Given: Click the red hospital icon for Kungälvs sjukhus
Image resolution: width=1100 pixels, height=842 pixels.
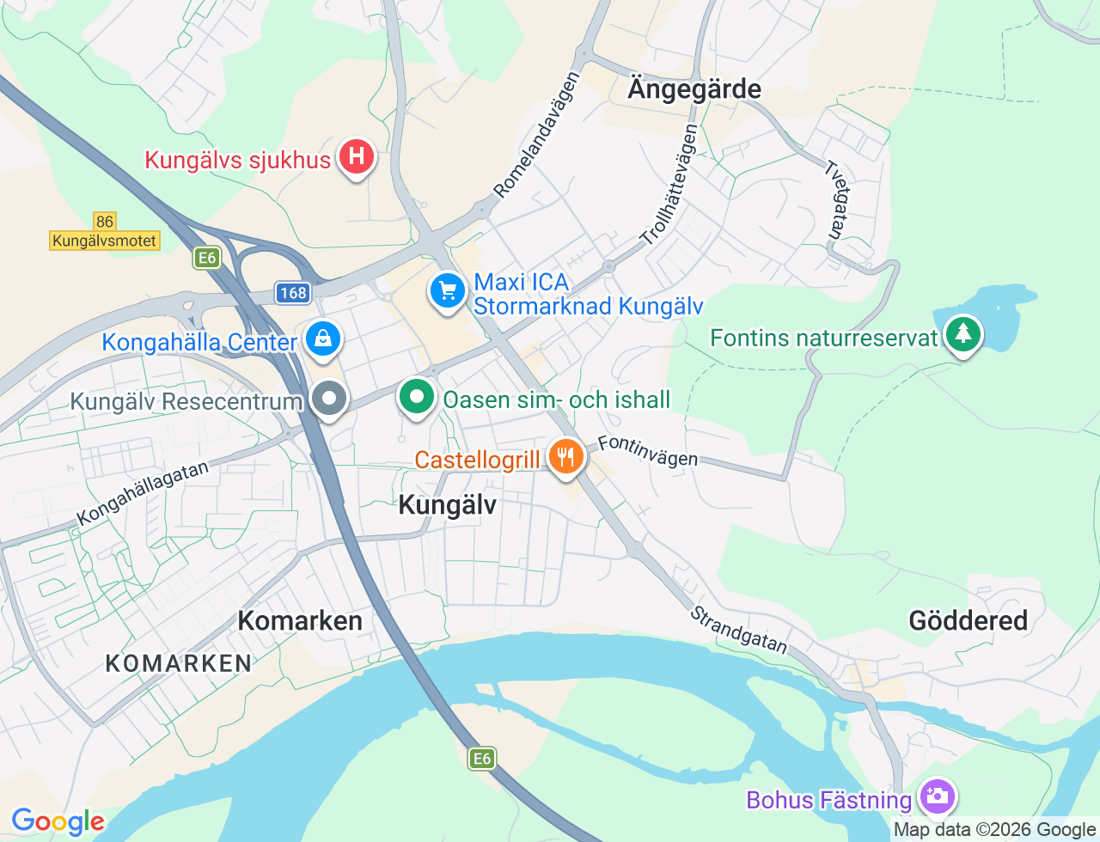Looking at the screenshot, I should [355, 158].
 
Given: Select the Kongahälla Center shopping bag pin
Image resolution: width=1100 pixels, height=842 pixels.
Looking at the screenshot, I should [322, 340].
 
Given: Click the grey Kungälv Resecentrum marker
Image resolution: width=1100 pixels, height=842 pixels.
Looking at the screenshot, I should [328, 400].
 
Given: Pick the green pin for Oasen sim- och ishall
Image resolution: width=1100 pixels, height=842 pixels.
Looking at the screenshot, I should [417, 398].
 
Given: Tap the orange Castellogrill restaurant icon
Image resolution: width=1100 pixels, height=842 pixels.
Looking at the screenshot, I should [565, 457].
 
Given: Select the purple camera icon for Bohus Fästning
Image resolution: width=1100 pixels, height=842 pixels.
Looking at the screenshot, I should [936, 796].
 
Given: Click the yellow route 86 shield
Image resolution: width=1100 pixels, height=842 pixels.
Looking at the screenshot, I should [104, 222].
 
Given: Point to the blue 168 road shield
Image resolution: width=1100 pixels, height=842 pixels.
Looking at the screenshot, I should [293, 293].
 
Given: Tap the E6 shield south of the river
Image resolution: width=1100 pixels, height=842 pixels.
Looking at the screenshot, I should [482, 758].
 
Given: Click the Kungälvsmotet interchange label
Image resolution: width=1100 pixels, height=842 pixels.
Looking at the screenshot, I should [105, 241].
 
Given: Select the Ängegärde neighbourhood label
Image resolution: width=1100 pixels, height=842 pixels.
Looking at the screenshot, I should [694, 89].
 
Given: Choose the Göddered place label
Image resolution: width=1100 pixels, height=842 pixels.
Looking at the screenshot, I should [968, 620].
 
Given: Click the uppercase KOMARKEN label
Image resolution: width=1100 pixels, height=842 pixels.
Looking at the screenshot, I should [179, 663].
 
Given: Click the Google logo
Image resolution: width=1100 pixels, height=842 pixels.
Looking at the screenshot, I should [58, 821].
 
